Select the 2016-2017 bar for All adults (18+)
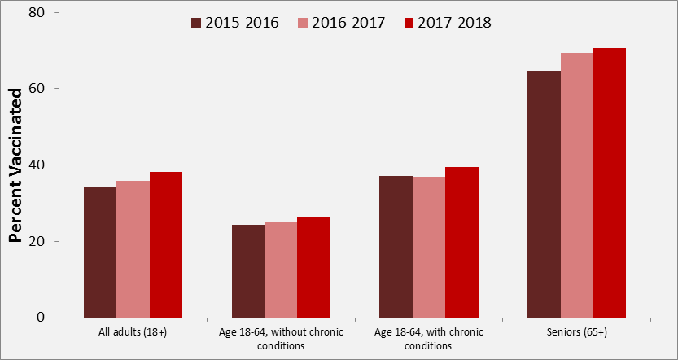point(133,249)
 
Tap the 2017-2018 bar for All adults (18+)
point(166,244)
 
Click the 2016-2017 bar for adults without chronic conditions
point(281,270)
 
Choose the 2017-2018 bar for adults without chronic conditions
point(314,267)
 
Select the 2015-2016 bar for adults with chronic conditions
point(396,247)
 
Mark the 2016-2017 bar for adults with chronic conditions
point(429,248)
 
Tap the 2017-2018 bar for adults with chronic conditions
point(461,243)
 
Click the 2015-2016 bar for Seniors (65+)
point(544,195)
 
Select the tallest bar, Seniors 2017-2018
point(610,183)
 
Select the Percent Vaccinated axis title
point(15,165)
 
